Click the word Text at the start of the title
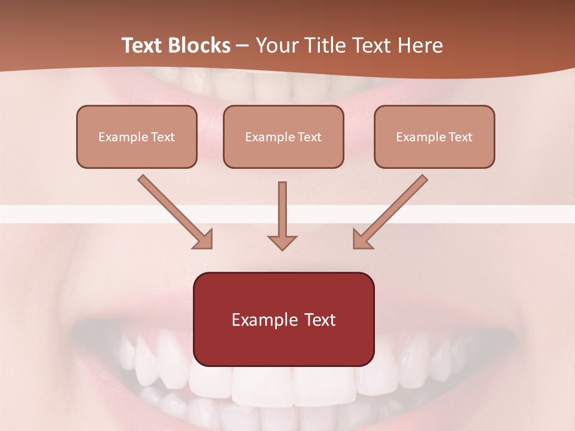tap(143, 45)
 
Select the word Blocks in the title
tap(199, 45)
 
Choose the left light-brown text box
tap(137, 136)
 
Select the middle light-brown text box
tap(283, 136)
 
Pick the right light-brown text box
tap(434, 136)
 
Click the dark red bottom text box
tap(283, 319)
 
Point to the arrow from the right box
tap(392, 210)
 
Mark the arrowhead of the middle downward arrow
tap(282, 242)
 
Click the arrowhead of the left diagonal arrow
tap(203, 239)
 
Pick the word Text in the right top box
tap(461, 137)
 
